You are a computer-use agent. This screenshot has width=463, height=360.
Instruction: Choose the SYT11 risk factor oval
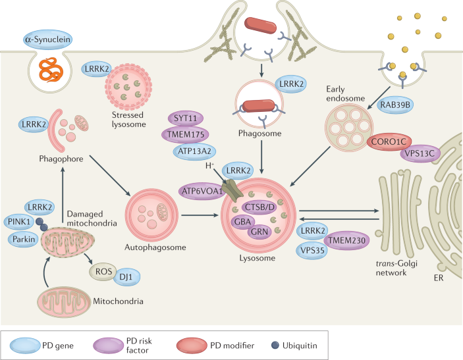[184, 118]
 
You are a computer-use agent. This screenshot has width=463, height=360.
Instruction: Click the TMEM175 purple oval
[185, 134]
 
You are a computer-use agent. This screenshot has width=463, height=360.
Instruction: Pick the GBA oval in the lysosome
[241, 222]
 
